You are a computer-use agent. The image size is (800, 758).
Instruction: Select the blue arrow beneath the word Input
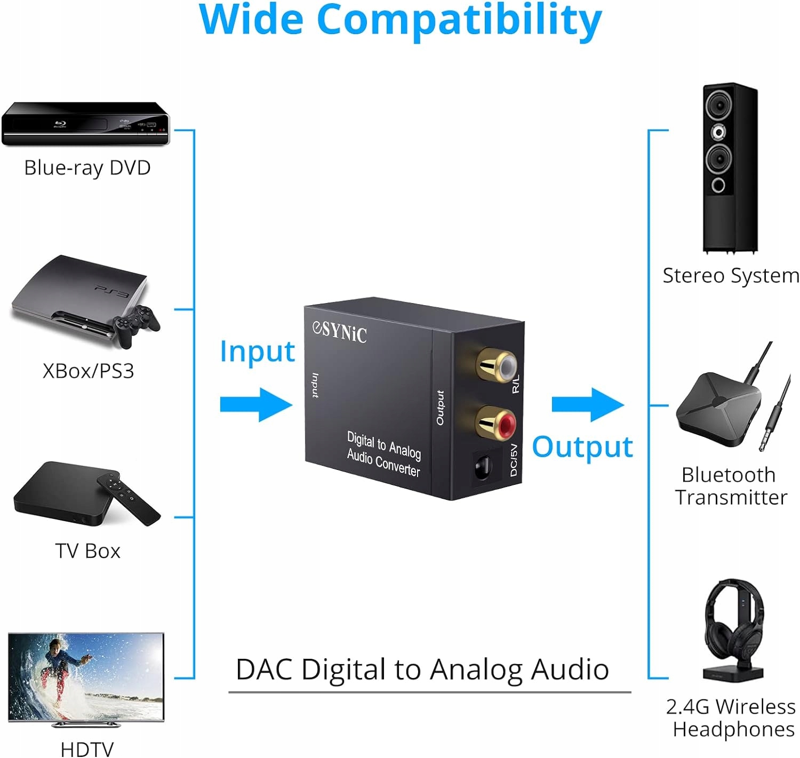click(256, 404)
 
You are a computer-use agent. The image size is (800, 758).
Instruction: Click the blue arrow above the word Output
click(588, 404)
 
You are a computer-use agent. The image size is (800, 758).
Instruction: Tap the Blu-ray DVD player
click(85, 124)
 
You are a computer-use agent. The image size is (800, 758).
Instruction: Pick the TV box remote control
click(128, 497)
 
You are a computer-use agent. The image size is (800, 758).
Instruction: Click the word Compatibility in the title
click(459, 20)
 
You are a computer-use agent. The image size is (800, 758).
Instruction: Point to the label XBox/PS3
click(88, 371)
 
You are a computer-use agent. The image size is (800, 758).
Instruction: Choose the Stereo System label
click(730, 276)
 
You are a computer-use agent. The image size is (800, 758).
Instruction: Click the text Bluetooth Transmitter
click(731, 485)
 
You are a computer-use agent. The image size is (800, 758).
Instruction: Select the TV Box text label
click(88, 550)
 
